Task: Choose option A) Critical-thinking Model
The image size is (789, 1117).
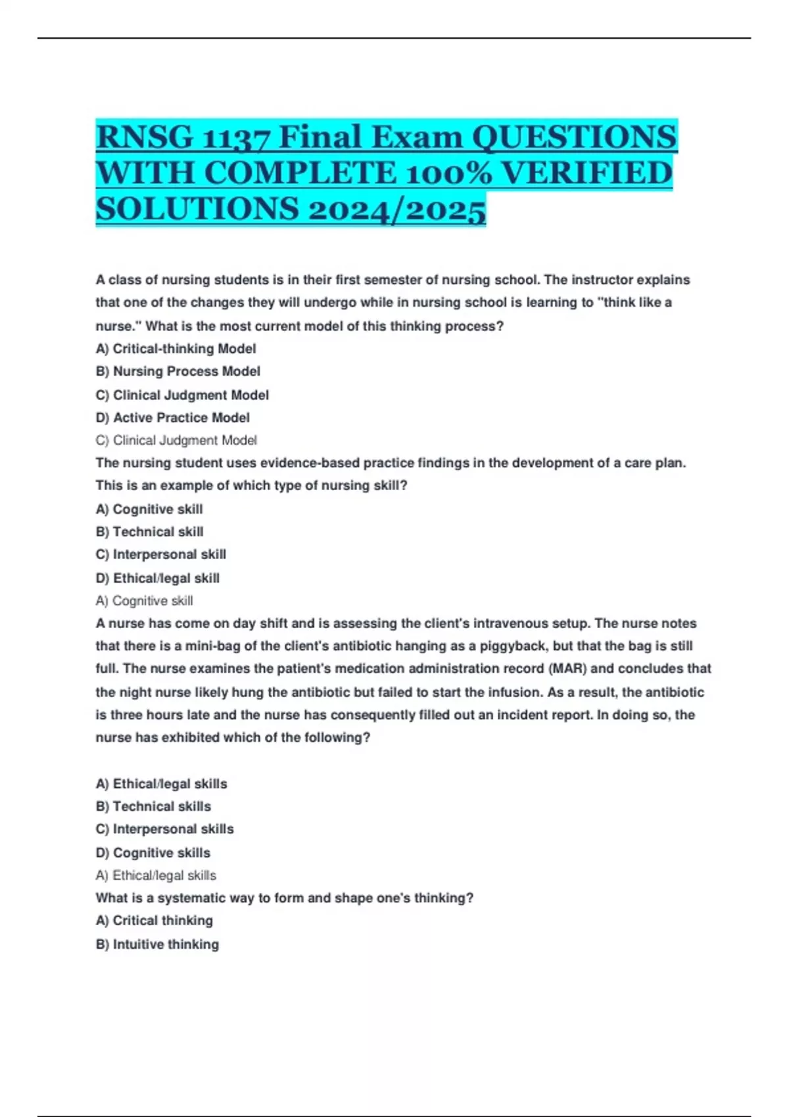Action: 176,349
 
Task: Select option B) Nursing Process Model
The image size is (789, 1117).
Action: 178,372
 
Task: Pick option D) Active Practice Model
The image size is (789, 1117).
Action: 172,418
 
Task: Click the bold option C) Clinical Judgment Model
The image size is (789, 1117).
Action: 182,395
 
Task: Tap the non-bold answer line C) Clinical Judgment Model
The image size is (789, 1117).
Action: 176,440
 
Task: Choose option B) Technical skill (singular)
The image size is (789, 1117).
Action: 149,532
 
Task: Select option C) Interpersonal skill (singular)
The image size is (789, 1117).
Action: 160,555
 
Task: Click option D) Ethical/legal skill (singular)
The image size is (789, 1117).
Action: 157,578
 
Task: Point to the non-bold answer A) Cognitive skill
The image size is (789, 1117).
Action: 144,601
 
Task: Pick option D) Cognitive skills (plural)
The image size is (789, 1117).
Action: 153,853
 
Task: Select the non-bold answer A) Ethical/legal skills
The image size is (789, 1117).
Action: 156,875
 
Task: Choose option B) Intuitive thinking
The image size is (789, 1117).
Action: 157,944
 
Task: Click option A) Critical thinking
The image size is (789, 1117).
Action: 154,921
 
